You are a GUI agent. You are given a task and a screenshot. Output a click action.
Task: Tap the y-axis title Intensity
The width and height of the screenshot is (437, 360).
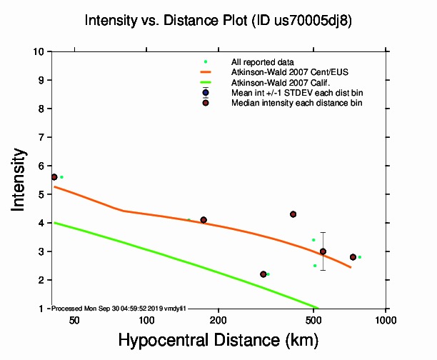pos(21,179)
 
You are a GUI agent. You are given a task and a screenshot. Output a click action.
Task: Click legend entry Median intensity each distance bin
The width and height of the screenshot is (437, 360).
pos(296,103)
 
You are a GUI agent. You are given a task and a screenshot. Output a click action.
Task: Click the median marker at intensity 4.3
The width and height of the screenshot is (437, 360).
pos(293,214)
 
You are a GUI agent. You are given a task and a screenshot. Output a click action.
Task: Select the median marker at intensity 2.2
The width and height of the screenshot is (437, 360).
pos(263,274)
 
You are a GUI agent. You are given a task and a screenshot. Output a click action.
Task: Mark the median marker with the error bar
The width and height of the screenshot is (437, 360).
pos(323,251)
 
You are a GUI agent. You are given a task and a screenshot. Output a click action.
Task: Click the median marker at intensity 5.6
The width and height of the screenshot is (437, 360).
pos(54,177)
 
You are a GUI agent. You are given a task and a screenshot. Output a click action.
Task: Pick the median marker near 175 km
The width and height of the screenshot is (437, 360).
pos(204,220)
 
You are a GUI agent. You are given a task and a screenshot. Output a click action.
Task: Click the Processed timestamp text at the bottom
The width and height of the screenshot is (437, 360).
pos(119,308)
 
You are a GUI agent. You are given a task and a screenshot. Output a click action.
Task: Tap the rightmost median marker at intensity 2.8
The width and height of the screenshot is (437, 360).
pos(353,257)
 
